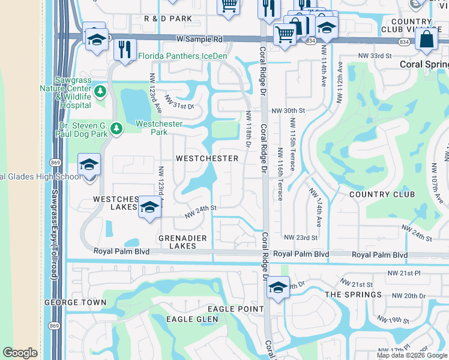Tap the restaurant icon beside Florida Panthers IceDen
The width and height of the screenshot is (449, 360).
124,49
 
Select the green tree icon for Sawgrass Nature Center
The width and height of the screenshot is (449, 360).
100,92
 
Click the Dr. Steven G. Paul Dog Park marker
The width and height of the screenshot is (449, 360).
116,127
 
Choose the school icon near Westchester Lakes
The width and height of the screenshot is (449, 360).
149,207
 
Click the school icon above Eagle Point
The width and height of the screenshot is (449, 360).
277,287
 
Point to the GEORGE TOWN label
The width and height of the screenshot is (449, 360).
70,302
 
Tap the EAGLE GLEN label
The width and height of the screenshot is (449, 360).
192,319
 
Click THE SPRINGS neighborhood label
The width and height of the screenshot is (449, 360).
353,294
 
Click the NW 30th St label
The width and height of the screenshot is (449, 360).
288,111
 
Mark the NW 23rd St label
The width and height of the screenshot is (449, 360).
301,238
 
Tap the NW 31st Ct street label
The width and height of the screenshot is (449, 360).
180,106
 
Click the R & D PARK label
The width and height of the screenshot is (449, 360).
168,19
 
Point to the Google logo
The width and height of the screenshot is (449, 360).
20,353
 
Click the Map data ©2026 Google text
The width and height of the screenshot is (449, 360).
411,355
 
